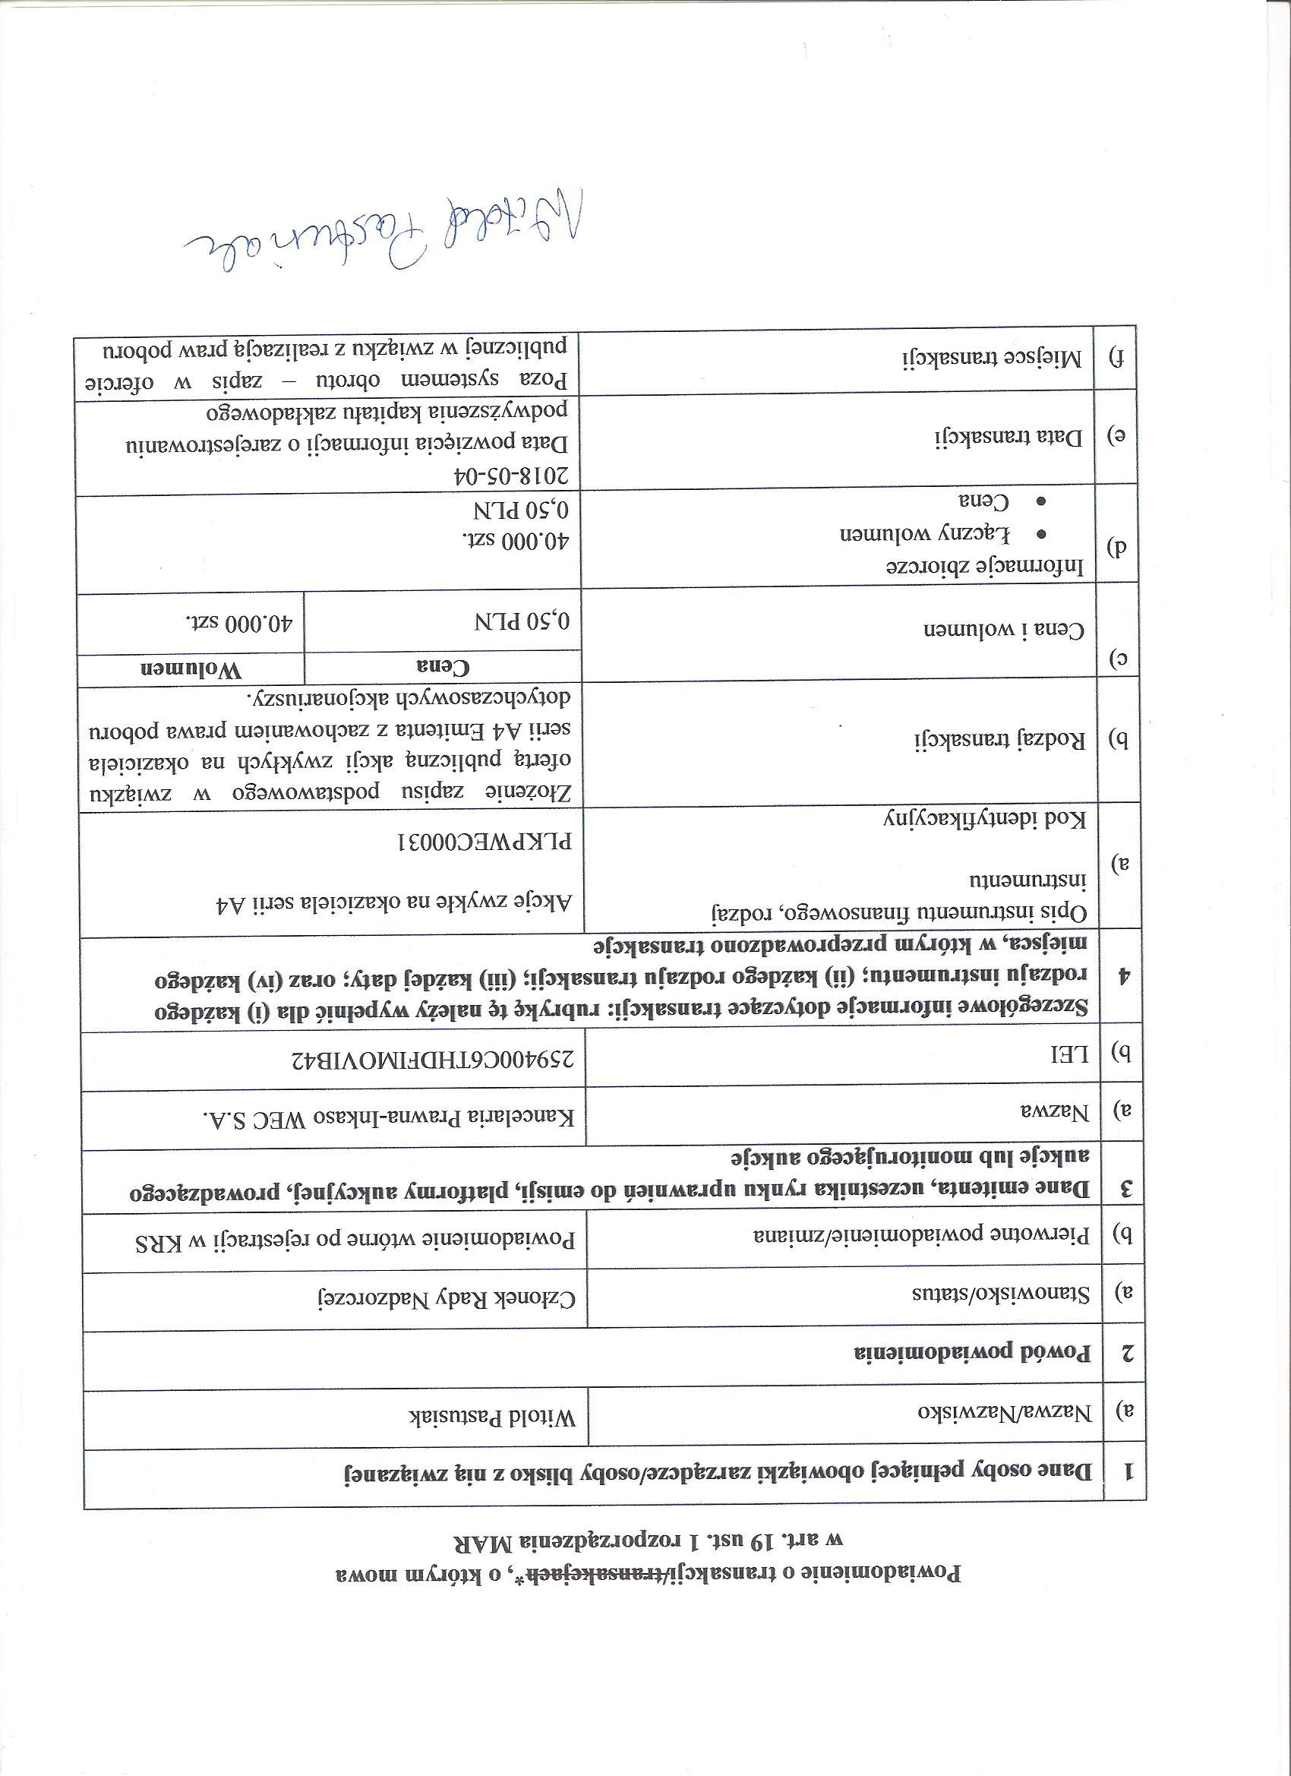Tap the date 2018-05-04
(x=513, y=476)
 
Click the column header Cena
(x=442, y=667)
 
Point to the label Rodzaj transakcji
(x=999, y=738)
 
